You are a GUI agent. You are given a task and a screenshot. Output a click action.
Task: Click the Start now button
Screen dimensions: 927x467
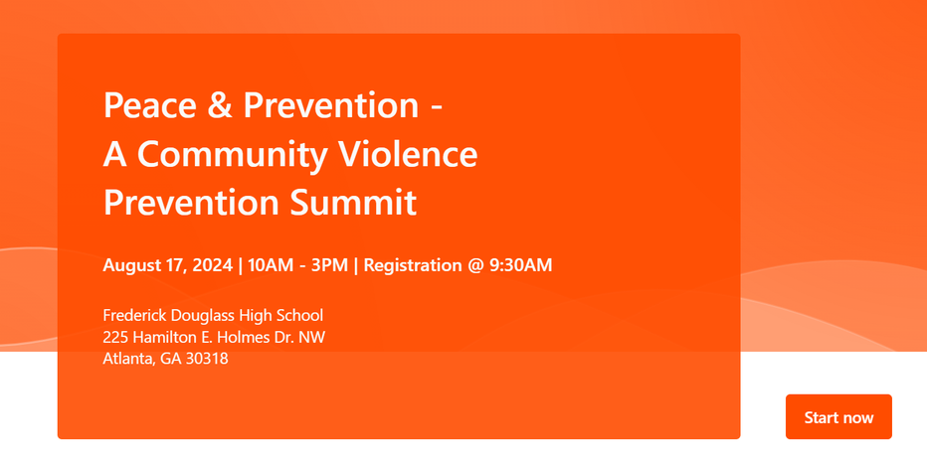coord(838,416)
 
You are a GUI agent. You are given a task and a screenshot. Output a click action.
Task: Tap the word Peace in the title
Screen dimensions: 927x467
coord(150,105)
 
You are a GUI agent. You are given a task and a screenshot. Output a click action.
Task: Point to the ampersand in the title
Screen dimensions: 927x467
coord(220,105)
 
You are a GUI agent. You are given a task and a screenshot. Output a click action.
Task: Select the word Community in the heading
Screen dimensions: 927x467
coord(233,155)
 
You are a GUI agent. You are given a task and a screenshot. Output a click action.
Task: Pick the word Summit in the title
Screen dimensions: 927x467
coord(353,203)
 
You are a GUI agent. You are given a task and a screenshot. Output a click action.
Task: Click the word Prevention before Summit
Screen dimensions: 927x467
coord(192,203)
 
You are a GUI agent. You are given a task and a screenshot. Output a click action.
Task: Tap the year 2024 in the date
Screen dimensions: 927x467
coord(211,265)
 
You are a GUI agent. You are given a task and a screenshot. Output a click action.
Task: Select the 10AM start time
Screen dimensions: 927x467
coord(271,265)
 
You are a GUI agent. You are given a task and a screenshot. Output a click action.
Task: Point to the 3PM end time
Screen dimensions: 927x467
coord(329,265)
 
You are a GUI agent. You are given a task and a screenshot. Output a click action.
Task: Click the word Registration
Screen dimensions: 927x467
coord(413,265)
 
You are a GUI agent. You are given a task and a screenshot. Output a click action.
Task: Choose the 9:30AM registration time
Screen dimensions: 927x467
coord(521,265)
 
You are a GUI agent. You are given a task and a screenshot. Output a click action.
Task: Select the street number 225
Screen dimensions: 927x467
coord(115,337)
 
